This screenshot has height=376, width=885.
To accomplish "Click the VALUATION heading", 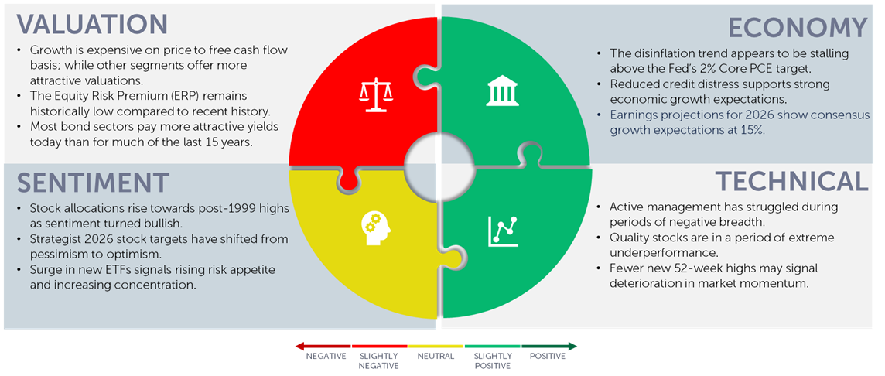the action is tap(92, 24).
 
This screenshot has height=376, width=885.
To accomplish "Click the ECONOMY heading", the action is tap(798, 28).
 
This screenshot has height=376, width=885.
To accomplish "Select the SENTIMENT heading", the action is tap(93, 183).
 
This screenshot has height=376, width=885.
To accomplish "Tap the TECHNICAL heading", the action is tap(792, 181).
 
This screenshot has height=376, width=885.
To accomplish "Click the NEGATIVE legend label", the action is tap(326, 356).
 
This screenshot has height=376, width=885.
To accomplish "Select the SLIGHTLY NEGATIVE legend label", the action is tap(378, 361).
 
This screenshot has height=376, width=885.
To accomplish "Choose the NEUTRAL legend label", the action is tap(436, 356).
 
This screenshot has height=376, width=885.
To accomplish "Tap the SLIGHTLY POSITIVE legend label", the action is tap(494, 361).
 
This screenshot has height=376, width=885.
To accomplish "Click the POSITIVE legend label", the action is tap(548, 356).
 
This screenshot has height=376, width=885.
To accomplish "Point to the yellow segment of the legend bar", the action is tap(436, 346).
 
